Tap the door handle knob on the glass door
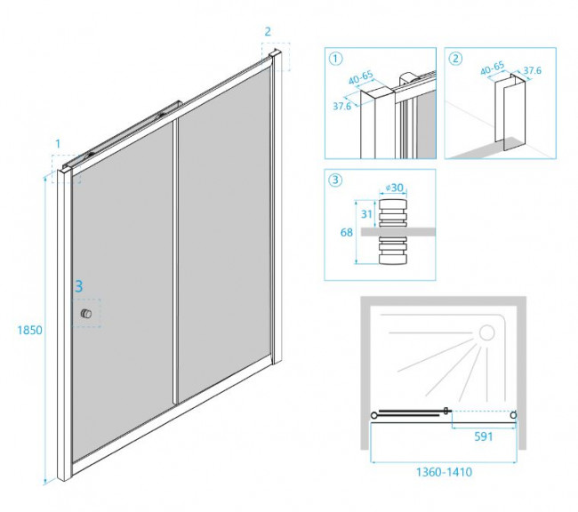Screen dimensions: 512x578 tap(85, 315)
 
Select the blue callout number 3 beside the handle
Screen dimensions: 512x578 tap(79, 287)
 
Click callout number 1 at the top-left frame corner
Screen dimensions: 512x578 tap(58, 143)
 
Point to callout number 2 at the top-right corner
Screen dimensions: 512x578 tap(268, 32)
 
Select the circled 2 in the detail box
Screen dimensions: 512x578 tap(456, 60)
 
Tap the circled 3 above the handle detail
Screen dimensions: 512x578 tap(335, 181)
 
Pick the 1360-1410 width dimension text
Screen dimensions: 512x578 tap(442, 472)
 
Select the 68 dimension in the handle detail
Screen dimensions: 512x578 tap(346, 233)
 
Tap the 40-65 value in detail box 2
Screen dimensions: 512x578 tap(492, 66)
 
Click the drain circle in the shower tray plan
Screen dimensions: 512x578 tap(486, 333)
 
